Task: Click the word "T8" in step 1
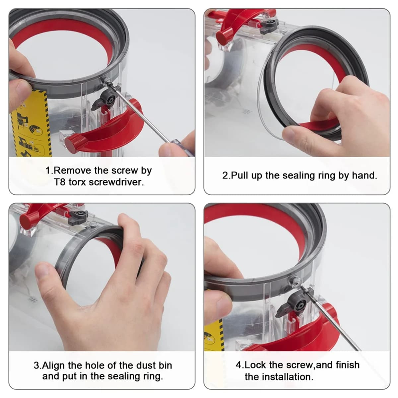click(x=60, y=182)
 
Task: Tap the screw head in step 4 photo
click(x=294, y=282)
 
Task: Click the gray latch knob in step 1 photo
click(x=108, y=99)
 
